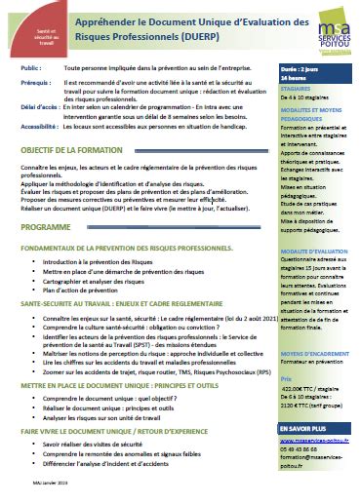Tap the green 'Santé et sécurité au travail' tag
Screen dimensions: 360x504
27,38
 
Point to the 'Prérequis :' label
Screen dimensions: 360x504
35,84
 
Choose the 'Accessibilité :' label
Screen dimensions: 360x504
40,127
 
